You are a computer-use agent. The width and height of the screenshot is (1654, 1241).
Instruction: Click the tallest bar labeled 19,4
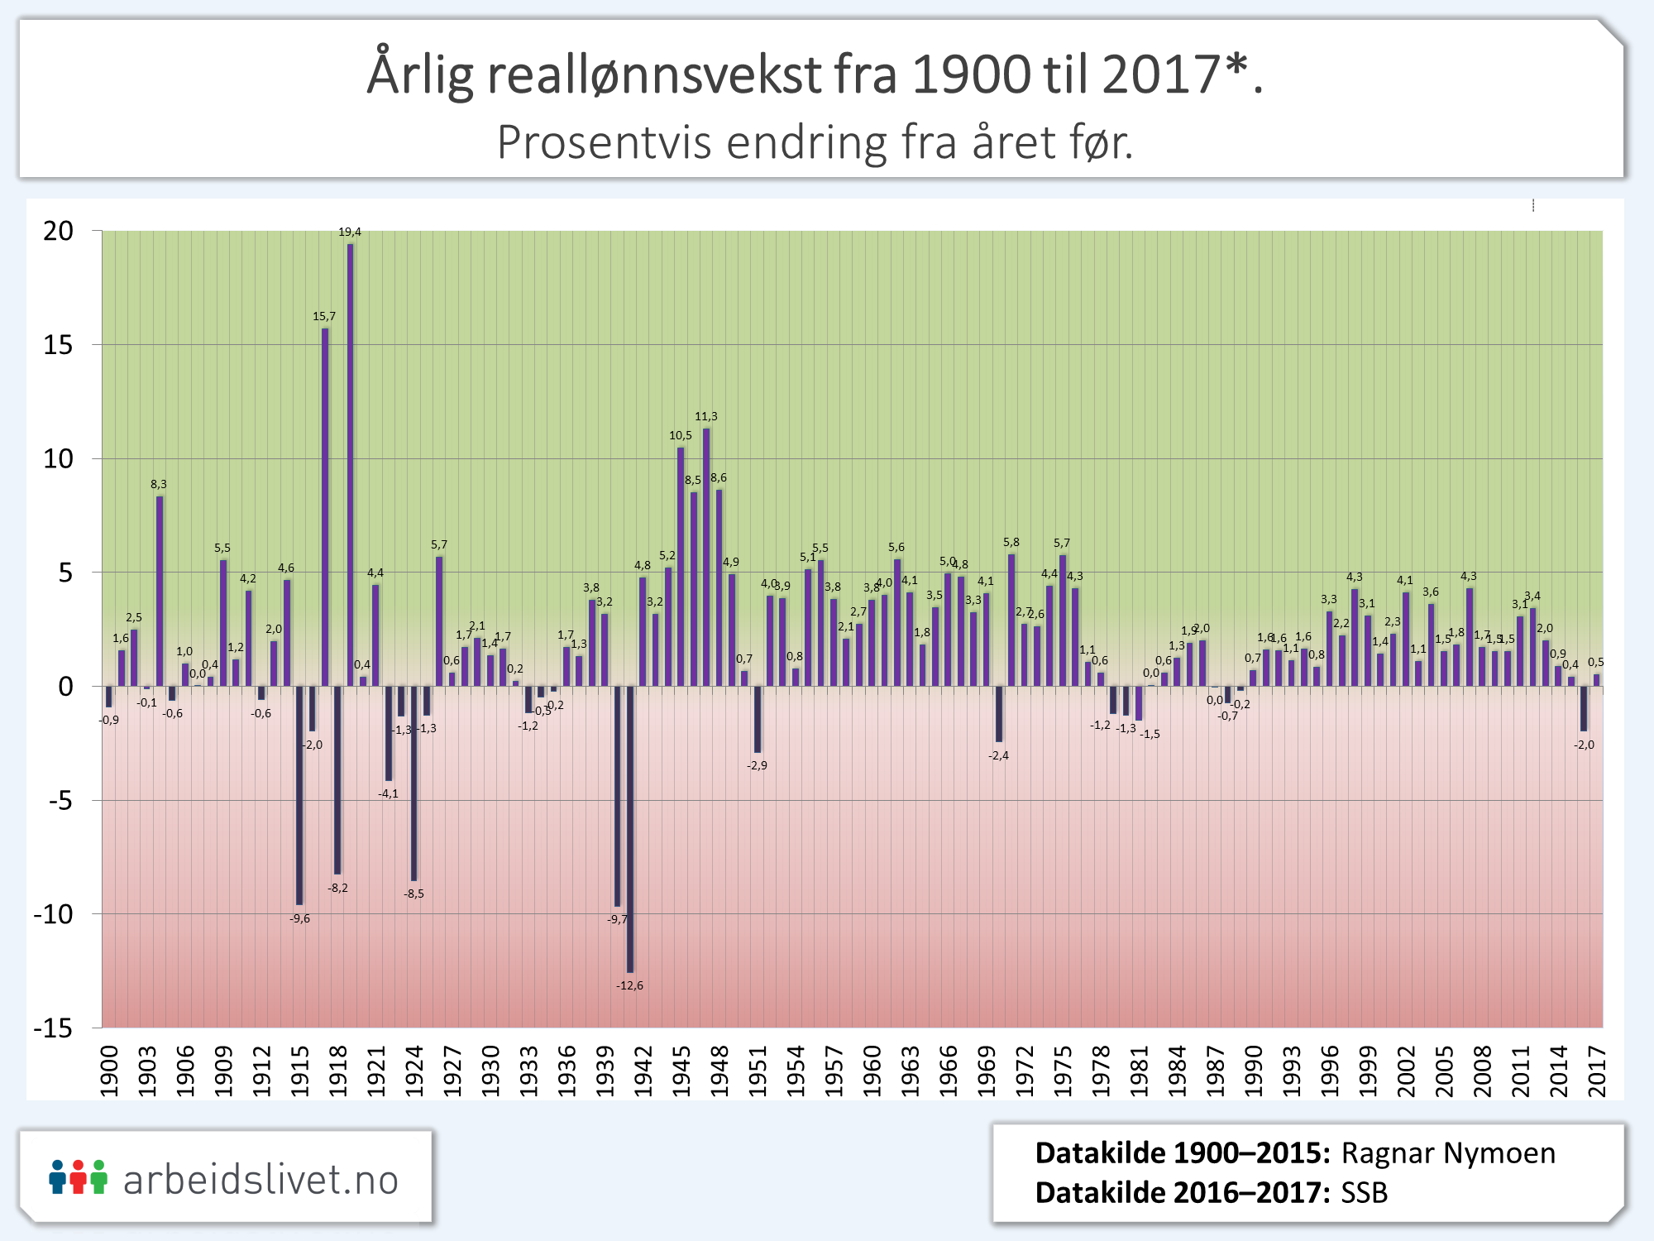click(x=351, y=463)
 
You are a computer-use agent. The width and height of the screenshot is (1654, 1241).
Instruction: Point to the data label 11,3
click(x=705, y=416)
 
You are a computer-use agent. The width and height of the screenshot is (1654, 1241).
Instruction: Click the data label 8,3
click(x=158, y=484)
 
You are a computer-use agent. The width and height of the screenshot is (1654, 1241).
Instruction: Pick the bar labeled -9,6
click(x=299, y=795)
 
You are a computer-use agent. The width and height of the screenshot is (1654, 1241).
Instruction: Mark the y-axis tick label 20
click(x=59, y=231)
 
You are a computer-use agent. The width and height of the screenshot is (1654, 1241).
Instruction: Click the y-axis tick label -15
click(x=54, y=1028)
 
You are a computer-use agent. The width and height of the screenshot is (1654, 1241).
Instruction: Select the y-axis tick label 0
click(x=66, y=687)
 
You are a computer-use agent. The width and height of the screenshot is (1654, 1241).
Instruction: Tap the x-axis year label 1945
click(x=681, y=1071)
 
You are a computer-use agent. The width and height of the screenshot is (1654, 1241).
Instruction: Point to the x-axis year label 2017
click(x=1597, y=1071)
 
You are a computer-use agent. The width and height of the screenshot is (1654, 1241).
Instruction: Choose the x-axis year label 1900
click(x=109, y=1071)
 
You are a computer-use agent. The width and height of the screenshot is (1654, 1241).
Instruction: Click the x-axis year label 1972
click(x=1025, y=1071)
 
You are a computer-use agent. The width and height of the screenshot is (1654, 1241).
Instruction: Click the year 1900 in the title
click(x=972, y=74)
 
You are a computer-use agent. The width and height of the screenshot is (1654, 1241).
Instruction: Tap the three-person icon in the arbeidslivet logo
click(x=78, y=1176)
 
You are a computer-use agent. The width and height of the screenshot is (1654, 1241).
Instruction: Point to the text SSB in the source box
click(x=1365, y=1192)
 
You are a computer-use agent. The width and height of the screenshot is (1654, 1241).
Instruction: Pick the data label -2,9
click(x=757, y=765)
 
